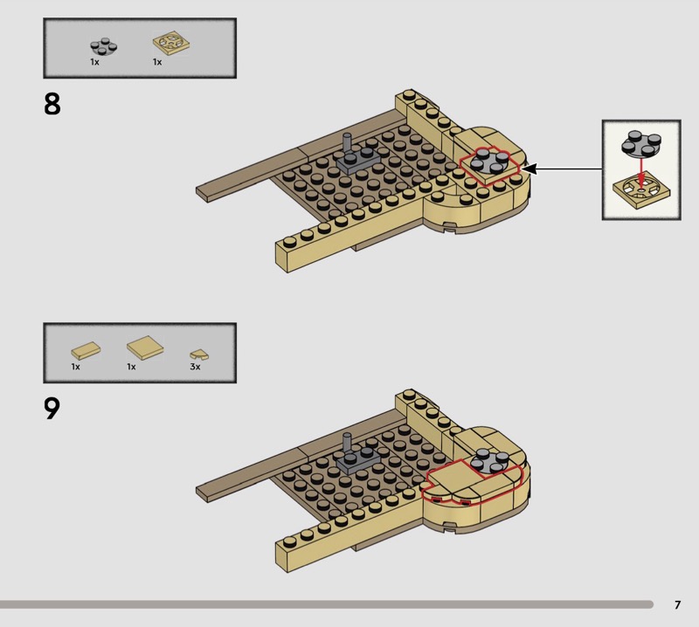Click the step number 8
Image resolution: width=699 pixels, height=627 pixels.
point(52,104)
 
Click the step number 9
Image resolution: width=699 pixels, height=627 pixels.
point(52,409)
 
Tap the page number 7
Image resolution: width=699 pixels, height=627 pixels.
point(678,604)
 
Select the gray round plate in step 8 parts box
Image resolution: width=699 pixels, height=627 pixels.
point(104,46)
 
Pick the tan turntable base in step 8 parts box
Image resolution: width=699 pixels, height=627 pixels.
point(171,45)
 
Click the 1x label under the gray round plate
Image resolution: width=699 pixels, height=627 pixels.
point(94,62)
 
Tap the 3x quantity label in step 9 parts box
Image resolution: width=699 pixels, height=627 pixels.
point(195,367)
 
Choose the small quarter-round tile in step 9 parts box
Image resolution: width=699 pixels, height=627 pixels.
point(199,355)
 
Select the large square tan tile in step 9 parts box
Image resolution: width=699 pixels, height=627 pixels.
point(145,348)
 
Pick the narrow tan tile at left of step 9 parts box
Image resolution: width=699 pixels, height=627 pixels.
point(86,351)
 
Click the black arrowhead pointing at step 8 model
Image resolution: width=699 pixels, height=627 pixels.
point(529,169)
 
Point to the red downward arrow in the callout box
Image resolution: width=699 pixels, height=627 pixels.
point(641,171)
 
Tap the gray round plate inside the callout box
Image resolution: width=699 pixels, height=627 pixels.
point(641,143)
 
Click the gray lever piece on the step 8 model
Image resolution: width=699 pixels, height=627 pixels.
point(357,156)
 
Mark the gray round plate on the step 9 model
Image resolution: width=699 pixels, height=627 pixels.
point(489,460)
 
